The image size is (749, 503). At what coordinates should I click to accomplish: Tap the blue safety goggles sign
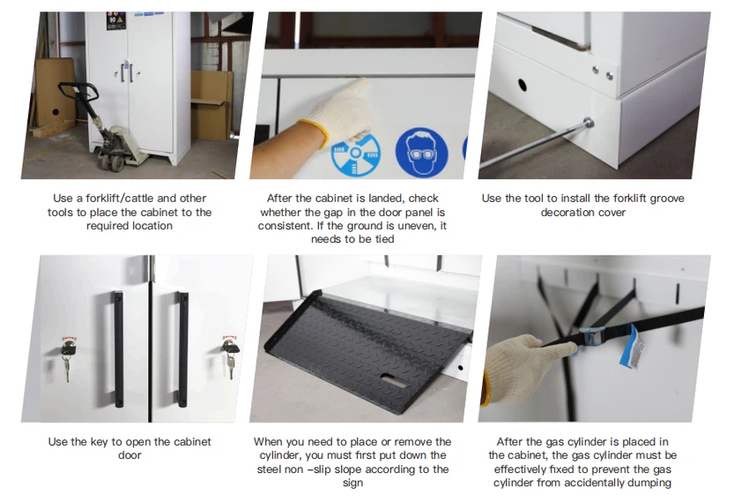point(421,152)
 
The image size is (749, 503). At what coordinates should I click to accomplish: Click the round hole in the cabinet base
point(523,86)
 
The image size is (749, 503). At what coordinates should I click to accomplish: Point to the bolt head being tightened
point(589,123)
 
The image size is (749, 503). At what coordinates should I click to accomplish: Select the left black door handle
point(118,349)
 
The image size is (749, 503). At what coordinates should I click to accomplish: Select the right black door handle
point(183,349)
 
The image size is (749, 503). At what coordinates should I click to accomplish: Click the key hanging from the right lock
point(231,364)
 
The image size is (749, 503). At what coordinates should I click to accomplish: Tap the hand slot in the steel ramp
point(393,380)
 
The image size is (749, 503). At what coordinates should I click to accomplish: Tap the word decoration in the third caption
point(564,212)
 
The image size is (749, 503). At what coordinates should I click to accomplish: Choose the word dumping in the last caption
point(650,483)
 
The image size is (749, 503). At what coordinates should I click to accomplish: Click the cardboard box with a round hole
point(55,94)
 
